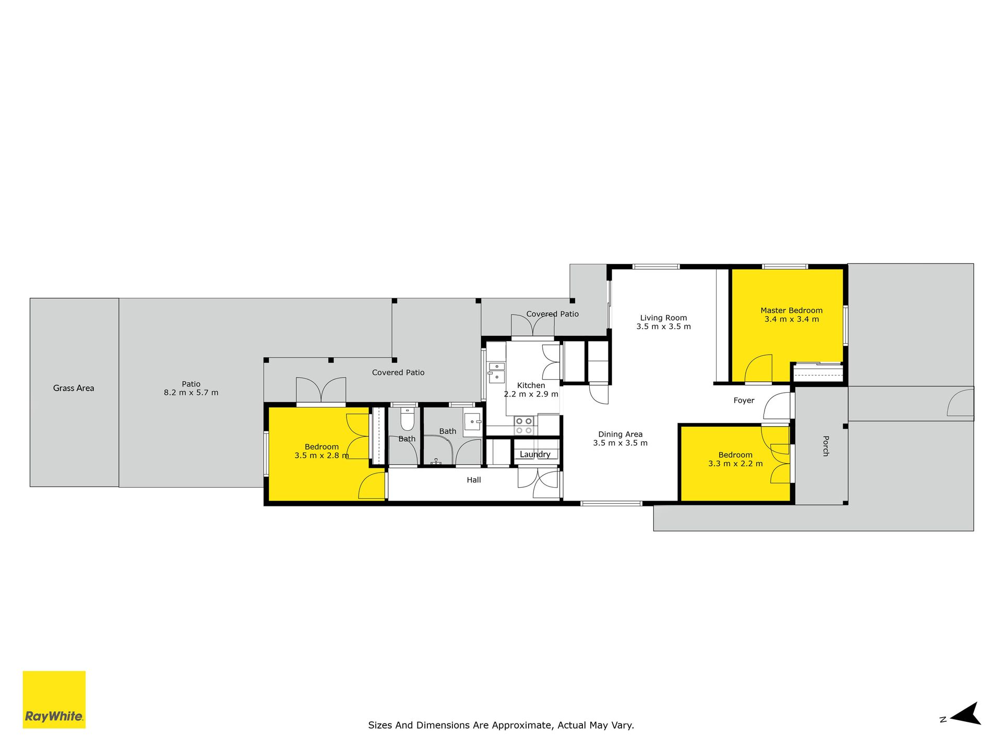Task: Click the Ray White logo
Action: [54, 699]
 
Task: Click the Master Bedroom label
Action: [792, 310]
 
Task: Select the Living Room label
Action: [663, 318]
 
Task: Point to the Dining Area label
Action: [620, 434]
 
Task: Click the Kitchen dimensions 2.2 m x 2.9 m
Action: [531, 394]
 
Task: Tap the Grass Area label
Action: [74, 388]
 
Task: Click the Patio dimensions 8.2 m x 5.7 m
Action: [191, 393]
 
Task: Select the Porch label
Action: [826, 446]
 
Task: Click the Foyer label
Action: [744, 401]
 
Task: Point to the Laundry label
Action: [535, 454]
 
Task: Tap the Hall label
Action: [474, 480]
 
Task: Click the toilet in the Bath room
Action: [407, 419]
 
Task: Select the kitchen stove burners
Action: [524, 425]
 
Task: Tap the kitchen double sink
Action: [496, 372]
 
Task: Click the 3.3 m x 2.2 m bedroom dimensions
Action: [735, 464]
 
